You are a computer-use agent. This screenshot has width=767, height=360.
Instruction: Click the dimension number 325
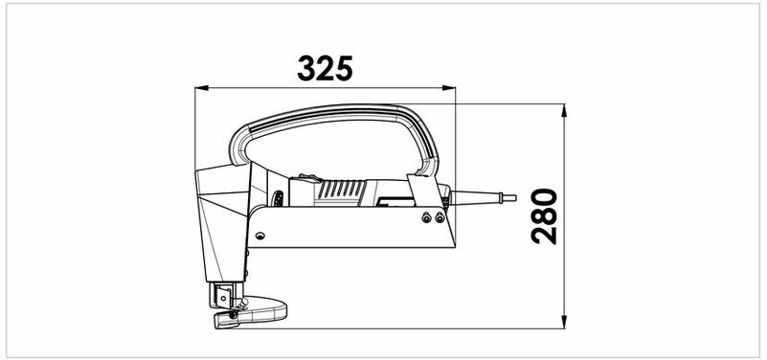click(325, 68)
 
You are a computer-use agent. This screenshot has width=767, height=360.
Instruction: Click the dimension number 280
click(544, 216)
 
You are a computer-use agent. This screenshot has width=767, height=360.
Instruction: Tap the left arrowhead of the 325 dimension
click(201, 88)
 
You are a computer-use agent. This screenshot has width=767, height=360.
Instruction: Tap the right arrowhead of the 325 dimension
click(448, 88)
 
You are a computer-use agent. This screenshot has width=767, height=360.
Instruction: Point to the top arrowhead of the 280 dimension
click(564, 110)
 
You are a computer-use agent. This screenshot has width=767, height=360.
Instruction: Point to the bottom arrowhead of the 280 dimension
click(564, 322)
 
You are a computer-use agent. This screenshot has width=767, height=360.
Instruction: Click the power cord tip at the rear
click(509, 197)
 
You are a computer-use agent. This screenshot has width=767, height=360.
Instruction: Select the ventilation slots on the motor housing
click(342, 190)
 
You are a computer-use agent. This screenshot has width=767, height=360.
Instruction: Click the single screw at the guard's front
click(260, 236)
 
